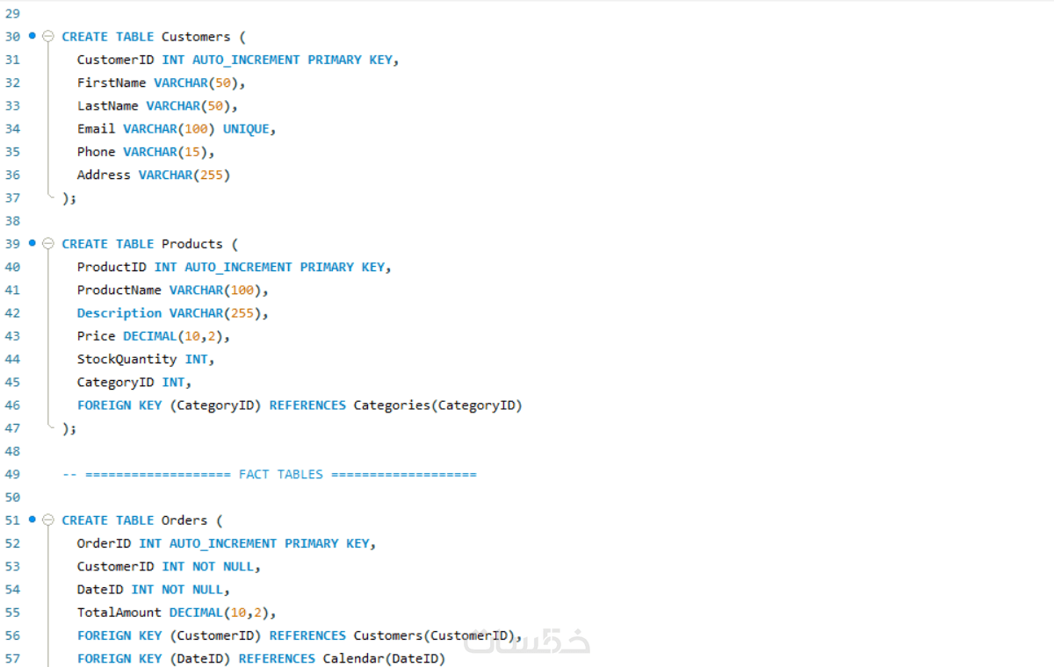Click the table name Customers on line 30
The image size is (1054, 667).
coord(196,37)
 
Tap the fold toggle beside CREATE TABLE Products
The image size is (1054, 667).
coord(48,243)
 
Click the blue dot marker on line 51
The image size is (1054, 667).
coord(32,520)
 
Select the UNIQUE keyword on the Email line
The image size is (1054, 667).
coord(246,129)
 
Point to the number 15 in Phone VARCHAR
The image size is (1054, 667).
coord(192,152)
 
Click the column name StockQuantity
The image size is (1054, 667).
coord(127,360)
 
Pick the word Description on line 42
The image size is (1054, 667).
coord(119,313)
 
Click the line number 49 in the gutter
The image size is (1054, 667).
coord(12,474)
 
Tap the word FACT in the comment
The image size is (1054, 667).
coord(254,474)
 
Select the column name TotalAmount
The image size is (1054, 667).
coord(119,613)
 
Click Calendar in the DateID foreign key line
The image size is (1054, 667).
coord(353,658)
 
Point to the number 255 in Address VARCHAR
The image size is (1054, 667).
coord(212,175)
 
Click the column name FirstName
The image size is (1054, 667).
coord(112,82)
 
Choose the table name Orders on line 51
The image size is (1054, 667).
coord(184,520)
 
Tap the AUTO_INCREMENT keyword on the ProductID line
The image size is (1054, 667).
coord(238,267)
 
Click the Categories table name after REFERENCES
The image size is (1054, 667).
coord(392,405)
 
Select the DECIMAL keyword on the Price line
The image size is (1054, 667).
coord(150,336)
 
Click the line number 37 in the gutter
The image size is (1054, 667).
coord(12,197)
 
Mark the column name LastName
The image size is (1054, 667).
coord(108,106)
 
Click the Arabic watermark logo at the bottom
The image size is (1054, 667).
coord(526,642)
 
